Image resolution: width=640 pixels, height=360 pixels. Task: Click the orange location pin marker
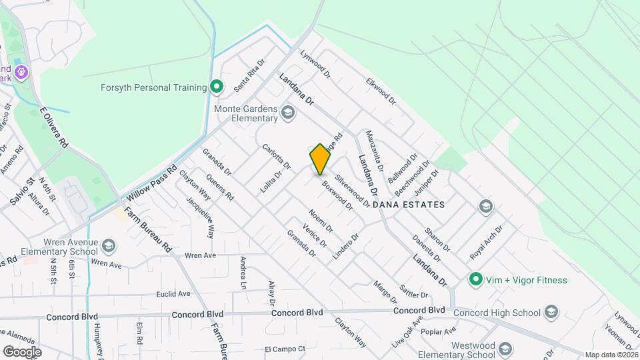tap(320, 159)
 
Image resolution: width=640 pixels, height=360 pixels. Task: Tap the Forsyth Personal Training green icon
tap(216, 87)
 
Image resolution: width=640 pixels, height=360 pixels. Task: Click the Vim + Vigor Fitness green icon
tap(475, 279)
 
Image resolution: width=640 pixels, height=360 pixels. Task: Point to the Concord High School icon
tap(551, 312)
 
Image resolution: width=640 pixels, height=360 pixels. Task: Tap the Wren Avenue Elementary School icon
tap(107, 247)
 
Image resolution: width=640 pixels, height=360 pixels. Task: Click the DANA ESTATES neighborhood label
tap(409, 205)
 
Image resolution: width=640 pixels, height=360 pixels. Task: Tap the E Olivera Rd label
tap(54, 127)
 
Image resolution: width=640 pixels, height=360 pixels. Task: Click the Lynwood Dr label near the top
tap(315, 64)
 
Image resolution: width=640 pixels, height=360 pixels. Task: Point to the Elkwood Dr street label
tap(381, 93)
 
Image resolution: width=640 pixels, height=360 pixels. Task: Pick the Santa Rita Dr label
tap(249, 75)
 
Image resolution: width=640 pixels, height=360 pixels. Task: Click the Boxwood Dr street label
tap(337, 195)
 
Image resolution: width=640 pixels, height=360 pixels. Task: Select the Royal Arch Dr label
tap(486, 243)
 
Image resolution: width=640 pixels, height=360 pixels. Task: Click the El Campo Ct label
tap(285, 349)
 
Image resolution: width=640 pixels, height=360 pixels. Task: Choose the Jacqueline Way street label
tap(200, 219)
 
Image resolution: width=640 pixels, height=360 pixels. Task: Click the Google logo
tap(21, 351)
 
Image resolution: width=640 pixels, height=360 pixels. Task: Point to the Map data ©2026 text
tap(611, 355)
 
